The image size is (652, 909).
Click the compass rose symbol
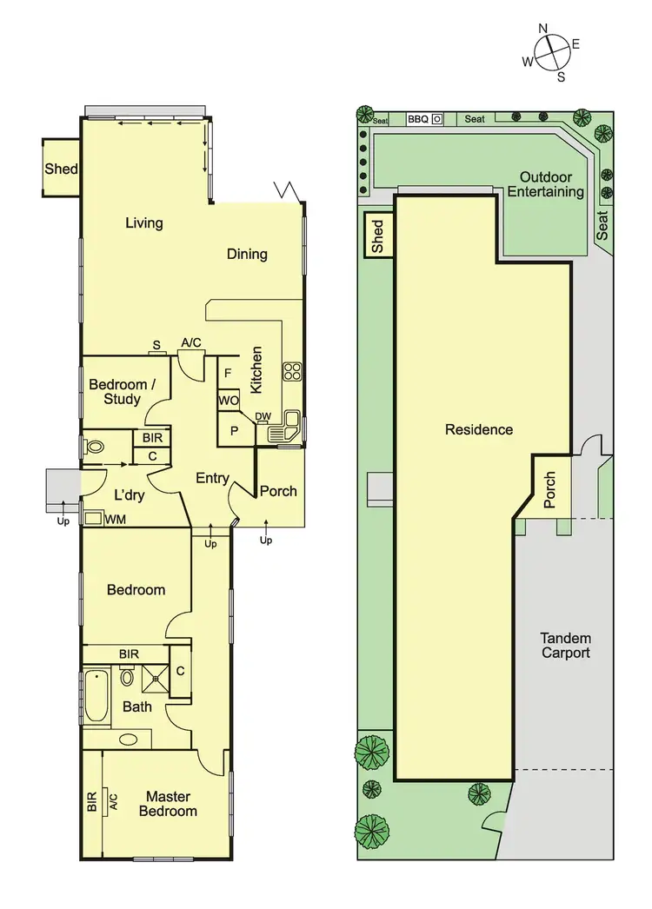[551, 52]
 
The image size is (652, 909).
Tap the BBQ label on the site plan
[418, 119]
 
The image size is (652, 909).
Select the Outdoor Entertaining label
[546, 184]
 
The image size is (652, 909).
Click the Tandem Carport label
[565, 645]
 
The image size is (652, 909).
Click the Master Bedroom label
[169, 804]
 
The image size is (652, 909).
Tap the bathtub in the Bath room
[96, 695]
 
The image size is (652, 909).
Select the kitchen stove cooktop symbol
[291, 372]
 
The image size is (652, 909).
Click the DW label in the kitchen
[263, 417]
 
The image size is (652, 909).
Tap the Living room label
[144, 223]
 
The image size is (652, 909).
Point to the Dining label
[247, 255]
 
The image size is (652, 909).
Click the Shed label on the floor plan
[62, 169]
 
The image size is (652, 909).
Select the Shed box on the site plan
[378, 236]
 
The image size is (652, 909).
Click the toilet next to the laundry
[95, 448]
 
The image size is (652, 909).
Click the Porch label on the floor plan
[278, 491]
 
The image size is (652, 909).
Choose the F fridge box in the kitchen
[228, 373]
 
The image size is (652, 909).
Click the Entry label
[212, 478]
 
